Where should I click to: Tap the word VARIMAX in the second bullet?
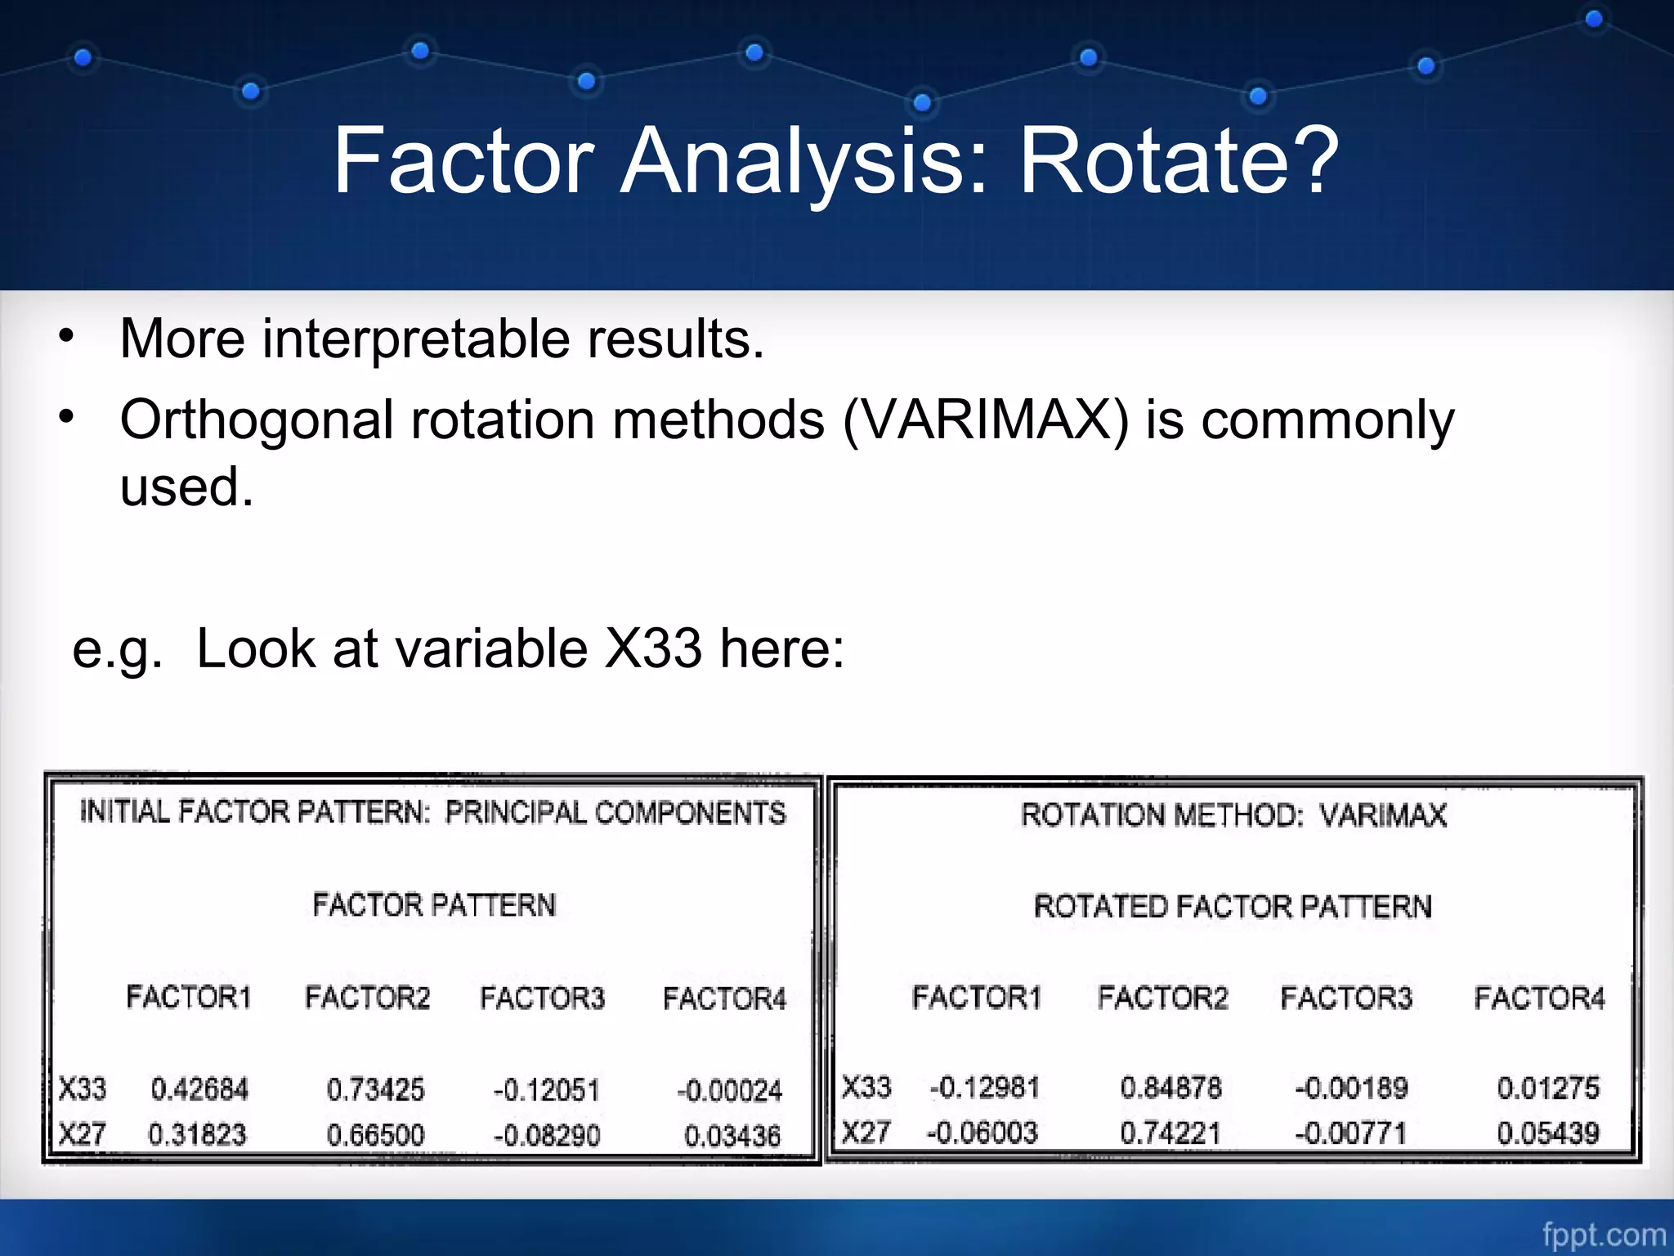coord(985,420)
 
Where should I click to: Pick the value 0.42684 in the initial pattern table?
coord(199,1090)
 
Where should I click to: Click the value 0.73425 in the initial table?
coord(375,1090)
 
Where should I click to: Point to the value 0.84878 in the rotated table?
coord(1170,1088)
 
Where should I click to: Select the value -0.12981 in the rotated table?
coord(984,1088)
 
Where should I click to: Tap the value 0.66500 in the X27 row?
coord(375,1135)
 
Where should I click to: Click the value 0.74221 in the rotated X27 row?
coord(1170,1133)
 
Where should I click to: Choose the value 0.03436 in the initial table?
coord(732,1136)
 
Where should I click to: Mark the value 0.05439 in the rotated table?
coord(1547,1133)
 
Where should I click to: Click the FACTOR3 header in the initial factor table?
coord(542,998)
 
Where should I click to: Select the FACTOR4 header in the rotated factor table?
coord(1539,998)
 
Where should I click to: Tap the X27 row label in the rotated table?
coord(865,1133)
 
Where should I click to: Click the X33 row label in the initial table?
coord(82,1089)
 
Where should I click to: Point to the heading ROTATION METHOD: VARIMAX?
coord(1233,815)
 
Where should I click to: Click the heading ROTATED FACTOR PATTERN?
coord(1233,907)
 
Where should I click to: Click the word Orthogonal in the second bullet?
coord(257,420)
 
